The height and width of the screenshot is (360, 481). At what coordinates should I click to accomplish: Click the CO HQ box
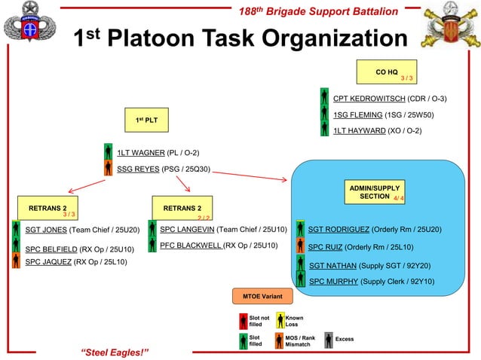pos(387,73)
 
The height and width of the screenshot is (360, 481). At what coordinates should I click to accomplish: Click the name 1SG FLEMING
pos(357,114)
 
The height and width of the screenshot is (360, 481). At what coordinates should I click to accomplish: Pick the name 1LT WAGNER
pos(135,153)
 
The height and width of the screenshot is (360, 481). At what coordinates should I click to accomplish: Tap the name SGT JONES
pos(46,229)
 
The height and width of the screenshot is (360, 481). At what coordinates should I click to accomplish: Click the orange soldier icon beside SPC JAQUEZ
pos(16,261)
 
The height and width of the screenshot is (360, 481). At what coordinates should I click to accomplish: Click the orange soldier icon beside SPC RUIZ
pos(301,246)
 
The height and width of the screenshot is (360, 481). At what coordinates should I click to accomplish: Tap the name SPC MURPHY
pos(333,281)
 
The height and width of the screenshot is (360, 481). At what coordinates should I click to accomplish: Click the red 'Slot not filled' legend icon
pos(244,322)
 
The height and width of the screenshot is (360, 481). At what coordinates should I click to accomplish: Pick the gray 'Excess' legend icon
pos(329,340)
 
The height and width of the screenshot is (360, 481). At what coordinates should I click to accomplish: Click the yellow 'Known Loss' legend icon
pos(280,322)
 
